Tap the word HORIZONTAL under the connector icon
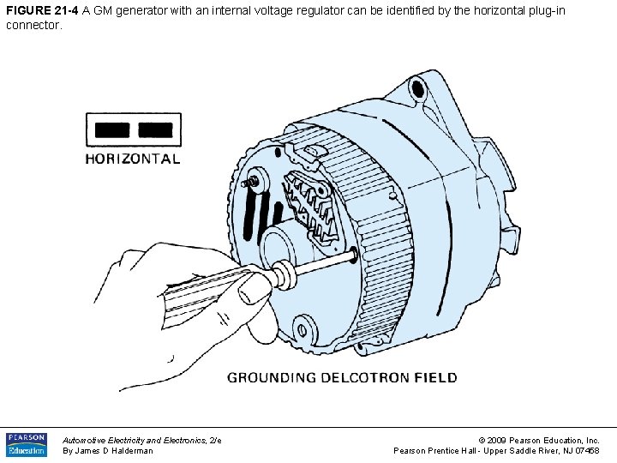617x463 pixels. click(x=133, y=159)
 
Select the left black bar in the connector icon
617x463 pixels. click(x=112, y=130)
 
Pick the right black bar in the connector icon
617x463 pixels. click(x=155, y=130)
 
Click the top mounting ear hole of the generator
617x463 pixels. click(x=417, y=86)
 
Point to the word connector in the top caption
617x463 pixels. click(x=34, y=25)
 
